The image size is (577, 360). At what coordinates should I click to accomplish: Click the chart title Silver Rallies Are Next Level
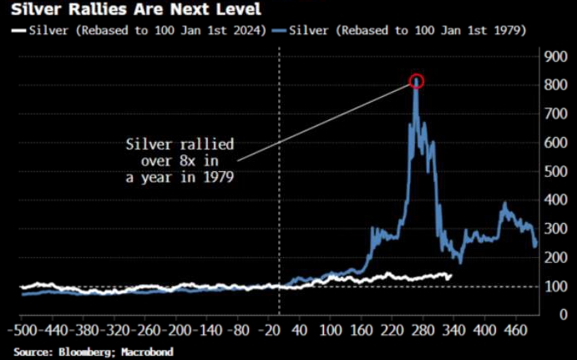coord(123,11)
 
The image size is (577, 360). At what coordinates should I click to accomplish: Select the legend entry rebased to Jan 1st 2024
coord(137,31)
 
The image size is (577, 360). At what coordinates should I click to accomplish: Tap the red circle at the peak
coord(417,81)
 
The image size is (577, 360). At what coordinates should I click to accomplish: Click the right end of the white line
coord(452,275)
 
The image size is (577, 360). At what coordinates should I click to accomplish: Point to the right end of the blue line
coord(536,246)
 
